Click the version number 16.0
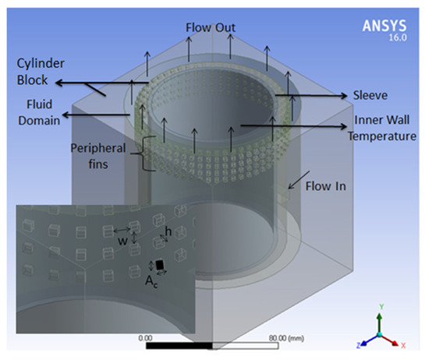coord(398,37)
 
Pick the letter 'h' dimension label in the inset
coord(169,231)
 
